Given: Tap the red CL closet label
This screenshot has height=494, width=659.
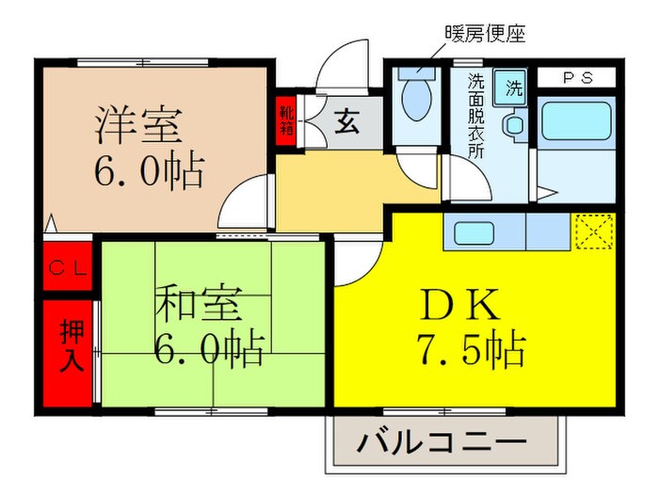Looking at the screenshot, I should coord(68,268).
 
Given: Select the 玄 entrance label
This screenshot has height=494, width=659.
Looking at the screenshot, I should coord(346,122).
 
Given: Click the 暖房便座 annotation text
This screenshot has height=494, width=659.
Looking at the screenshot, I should coord(484,35).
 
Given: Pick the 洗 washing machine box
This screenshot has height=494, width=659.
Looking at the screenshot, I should coord(513,91).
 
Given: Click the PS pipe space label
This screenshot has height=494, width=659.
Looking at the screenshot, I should coord(577,78).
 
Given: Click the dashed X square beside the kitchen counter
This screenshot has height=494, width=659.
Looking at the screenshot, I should coord(593,231).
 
